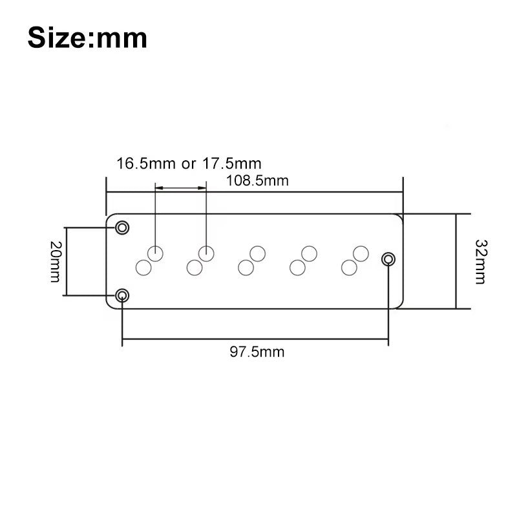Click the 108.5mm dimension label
point(257,181)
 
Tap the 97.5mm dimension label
point(257,352)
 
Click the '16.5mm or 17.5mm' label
point(189,164)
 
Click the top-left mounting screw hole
point(122,227)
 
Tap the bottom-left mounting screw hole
point(122,296)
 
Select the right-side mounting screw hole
point(388,259)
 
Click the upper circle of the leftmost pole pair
point(155,253)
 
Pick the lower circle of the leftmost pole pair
point(142,266)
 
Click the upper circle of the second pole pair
point(206,253)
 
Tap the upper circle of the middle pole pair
point(258,253)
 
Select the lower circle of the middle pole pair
point(245,266)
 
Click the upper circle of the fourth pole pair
point(309,253)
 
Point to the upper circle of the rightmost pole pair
point(361,253)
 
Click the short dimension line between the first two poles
point(180,188)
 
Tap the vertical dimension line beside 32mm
point(457,262)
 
